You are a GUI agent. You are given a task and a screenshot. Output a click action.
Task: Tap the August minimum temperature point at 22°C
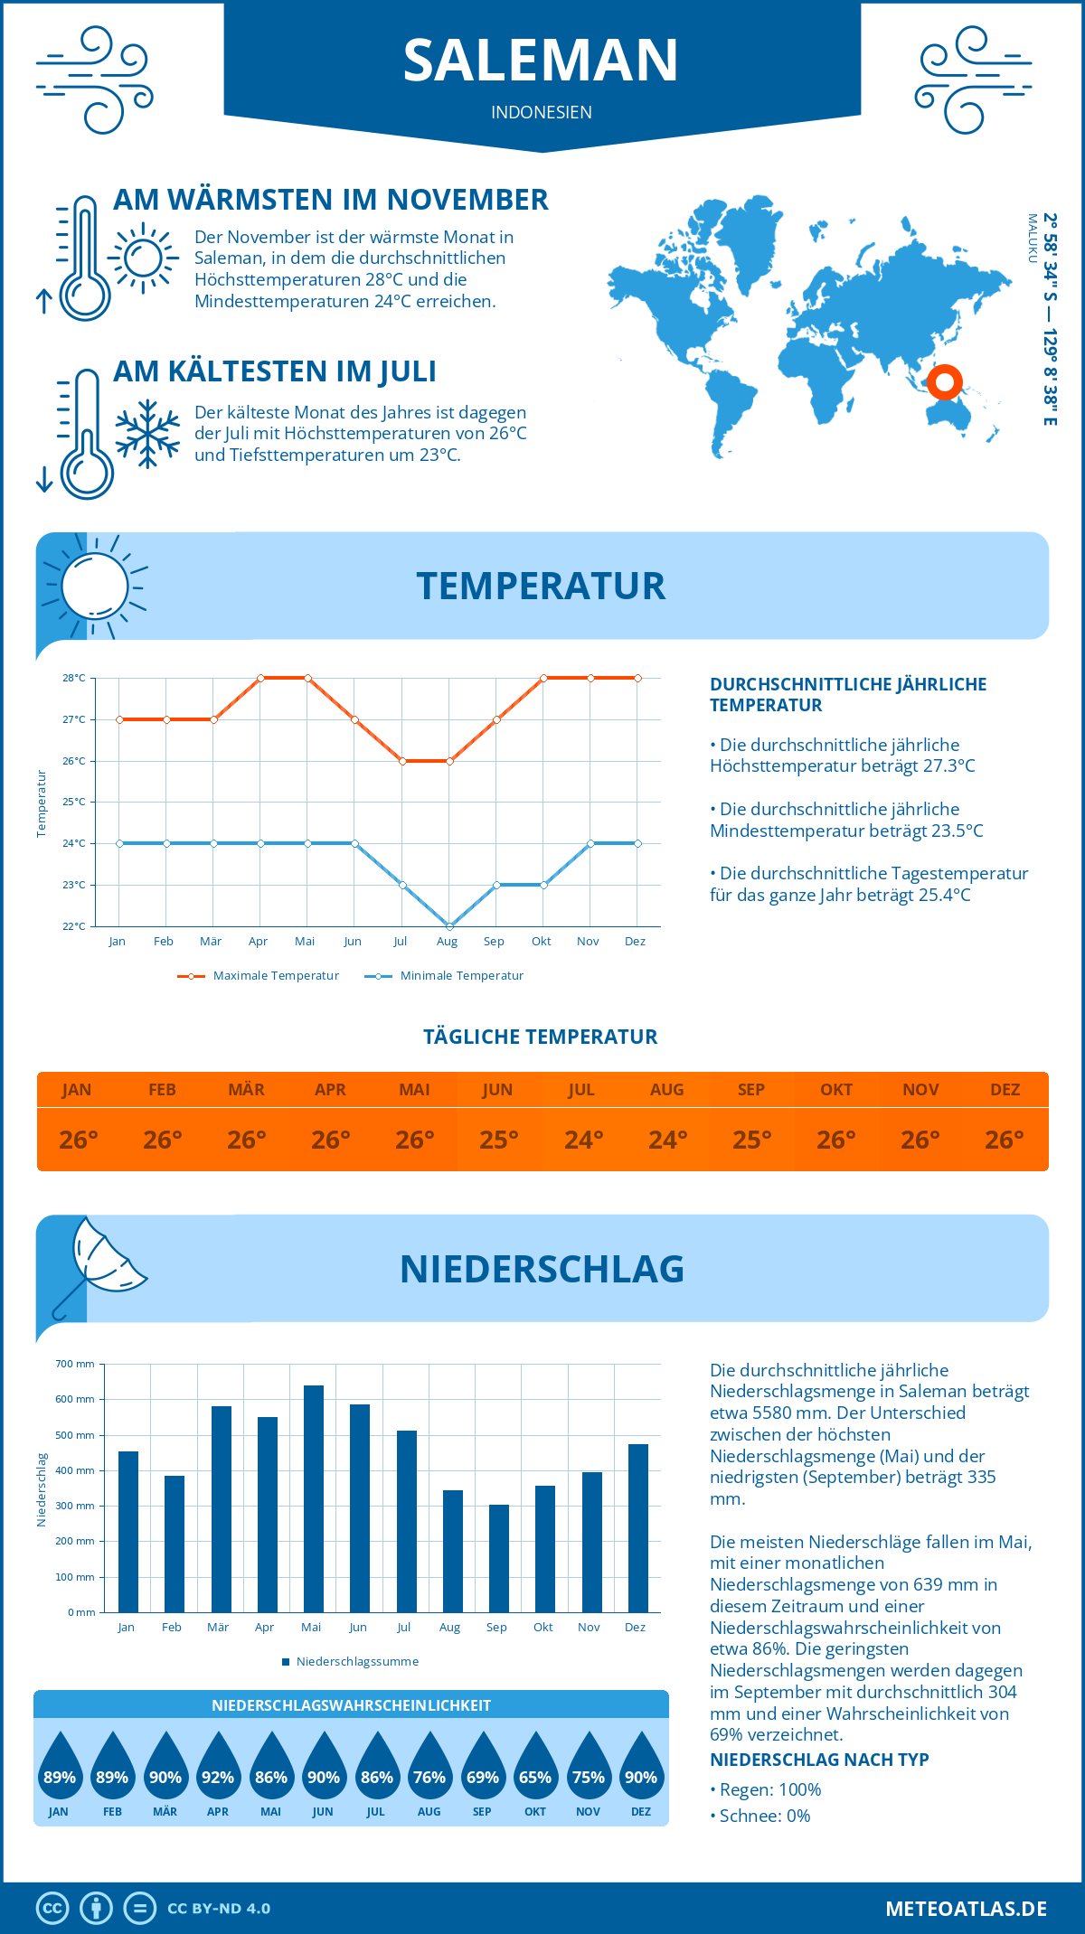point(449,926)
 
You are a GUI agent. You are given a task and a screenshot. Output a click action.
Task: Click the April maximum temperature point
point(260,678)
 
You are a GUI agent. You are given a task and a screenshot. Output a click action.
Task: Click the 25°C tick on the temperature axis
point(74,802)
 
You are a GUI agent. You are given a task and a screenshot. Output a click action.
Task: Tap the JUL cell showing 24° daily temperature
point(583,1140)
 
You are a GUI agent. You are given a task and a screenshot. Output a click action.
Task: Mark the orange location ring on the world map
point(944,382)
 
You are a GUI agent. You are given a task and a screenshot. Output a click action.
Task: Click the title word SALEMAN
point(541,61)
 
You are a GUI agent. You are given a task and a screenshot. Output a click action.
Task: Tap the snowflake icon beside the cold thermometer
point(147,434)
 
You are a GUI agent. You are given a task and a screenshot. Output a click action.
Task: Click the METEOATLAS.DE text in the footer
point(966,1909)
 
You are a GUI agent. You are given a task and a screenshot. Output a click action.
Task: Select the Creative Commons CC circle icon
point(52,1909)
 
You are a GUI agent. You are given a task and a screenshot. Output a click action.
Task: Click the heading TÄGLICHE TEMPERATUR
point(541,1037)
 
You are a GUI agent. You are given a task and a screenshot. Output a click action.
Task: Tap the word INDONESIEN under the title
point(541,112)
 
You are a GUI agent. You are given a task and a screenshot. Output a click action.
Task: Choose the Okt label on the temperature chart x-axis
point(541,942)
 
